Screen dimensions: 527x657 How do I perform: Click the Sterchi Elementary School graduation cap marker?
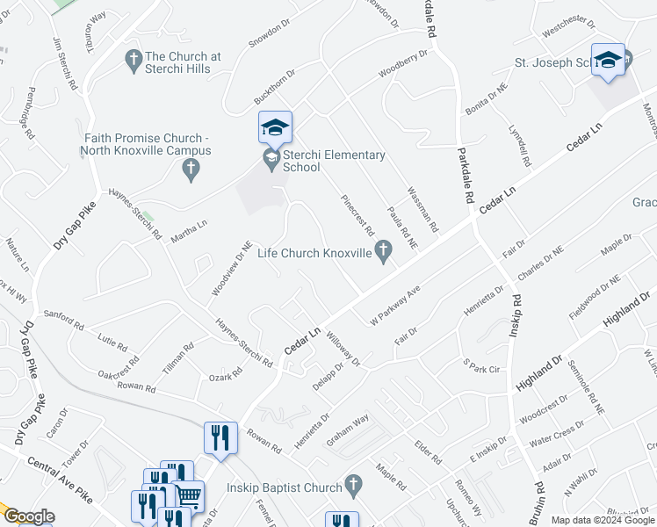275,128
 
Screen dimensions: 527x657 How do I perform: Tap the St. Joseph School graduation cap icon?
608,60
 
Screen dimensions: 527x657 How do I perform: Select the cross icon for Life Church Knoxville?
382,254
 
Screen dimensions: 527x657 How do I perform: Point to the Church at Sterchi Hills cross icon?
134,61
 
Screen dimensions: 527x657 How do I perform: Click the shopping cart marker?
188,495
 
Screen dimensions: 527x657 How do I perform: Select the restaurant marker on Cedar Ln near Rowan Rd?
220,437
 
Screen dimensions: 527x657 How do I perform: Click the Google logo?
28,516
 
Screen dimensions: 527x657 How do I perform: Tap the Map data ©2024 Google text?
602,520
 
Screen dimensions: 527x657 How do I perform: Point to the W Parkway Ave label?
396,299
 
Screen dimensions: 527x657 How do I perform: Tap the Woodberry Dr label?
402,64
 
